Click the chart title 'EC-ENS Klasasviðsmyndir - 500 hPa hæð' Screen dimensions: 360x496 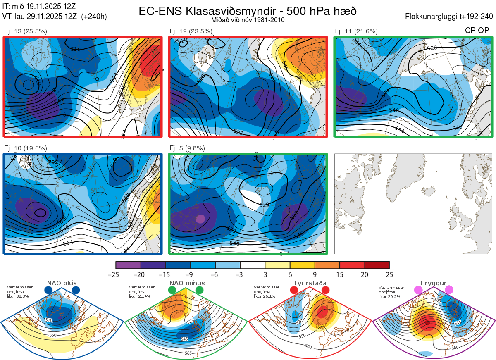248,11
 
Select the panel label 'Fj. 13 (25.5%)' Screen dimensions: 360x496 26,31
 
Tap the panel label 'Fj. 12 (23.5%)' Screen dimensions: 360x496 191,31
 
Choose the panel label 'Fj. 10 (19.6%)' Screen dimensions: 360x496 26,148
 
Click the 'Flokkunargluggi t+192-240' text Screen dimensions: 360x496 450,17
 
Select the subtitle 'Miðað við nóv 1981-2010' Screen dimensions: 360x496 248,20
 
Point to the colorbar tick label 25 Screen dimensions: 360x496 389,274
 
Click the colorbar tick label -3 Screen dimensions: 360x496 240,274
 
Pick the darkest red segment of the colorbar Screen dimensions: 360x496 377,265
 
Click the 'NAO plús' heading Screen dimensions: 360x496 62,283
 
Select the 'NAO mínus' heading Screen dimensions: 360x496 187,283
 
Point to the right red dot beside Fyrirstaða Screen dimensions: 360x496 325,291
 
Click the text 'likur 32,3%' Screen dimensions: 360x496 18,296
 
